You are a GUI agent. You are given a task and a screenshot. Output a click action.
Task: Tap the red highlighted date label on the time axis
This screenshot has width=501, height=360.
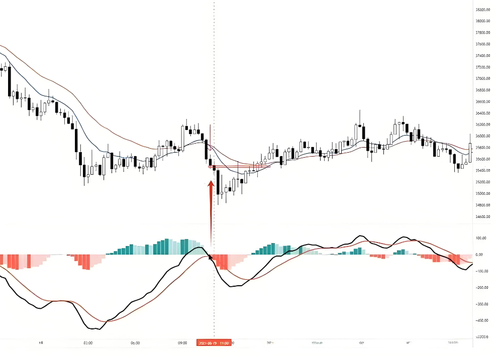[214, 343]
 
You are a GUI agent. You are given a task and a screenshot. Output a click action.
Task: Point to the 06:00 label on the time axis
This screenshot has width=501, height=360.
[135, 343]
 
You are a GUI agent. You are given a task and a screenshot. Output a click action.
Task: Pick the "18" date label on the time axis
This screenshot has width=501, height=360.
[41, 343]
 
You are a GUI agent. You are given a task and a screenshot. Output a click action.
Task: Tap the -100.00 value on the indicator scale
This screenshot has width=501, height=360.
[482, 271]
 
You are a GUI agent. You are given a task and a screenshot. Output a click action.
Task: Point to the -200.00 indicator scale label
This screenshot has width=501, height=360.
[482, 288]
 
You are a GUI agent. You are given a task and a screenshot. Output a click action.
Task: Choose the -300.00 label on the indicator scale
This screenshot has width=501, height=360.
[482, 304]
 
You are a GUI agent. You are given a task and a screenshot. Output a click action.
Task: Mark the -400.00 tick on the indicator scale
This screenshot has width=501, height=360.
[482, 320]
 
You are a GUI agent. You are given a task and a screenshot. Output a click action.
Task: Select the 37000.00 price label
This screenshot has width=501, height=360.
[483, 78]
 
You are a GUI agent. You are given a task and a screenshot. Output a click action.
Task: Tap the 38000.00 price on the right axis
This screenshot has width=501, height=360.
[483, 21]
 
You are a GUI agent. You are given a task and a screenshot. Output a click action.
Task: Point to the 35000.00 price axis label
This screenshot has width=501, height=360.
[483, 194]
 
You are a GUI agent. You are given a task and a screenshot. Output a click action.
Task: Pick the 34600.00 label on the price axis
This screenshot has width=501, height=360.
[483, 217]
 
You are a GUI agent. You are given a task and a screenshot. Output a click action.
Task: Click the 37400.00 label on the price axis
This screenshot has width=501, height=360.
[483, 56]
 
